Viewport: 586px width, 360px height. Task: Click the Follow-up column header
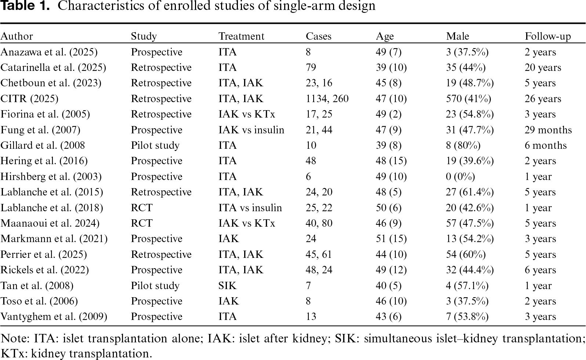point(548,36)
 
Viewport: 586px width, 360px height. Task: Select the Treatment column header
point(242,36)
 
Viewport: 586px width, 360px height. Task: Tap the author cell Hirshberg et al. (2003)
point(51,176)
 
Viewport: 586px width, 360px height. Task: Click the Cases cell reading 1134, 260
point(327,99)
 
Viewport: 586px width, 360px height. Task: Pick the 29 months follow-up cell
point(548,130)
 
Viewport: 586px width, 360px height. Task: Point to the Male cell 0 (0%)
point(460,176)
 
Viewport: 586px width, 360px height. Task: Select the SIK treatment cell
point(227,285)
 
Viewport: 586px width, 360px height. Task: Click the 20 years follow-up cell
point(543,68)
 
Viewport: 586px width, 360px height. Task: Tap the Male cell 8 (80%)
point(463,145)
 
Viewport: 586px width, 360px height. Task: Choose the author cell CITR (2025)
point(30,99)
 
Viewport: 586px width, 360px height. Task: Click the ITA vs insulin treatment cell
point(250,208)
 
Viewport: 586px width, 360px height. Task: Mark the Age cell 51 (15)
point(391,239)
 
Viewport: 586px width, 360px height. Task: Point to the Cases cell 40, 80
point(319,223)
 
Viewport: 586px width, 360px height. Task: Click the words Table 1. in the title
point(25,6)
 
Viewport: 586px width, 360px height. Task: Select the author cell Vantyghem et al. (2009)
point(54,317)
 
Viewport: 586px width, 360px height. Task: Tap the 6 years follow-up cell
point(540,270)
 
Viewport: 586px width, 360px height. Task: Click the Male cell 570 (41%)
point(469,99)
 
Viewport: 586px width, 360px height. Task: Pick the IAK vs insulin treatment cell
point(252,130)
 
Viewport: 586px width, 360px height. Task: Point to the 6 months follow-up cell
point(546,145)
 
